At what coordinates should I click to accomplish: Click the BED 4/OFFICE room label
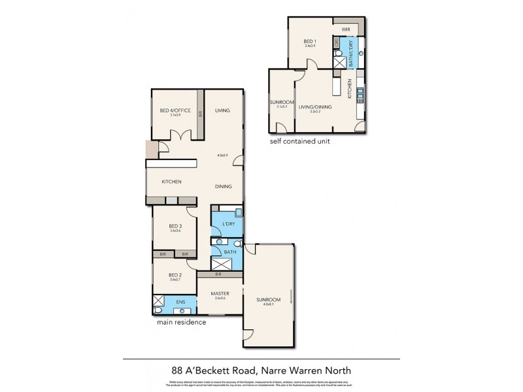click(175, 111)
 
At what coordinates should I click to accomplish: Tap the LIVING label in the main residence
click(222, 111)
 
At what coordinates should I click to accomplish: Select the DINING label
click(224, 187)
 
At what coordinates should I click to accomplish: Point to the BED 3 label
click(175, 226)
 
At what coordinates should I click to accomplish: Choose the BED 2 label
click(175, 275)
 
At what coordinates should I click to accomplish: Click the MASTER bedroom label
click(220, 293)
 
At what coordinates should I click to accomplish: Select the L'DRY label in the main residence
click(228, 224)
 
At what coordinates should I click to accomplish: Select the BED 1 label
click(311, 42)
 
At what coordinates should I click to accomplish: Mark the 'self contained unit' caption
click(300, 141)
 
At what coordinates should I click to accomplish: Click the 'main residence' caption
click(181, 322)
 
